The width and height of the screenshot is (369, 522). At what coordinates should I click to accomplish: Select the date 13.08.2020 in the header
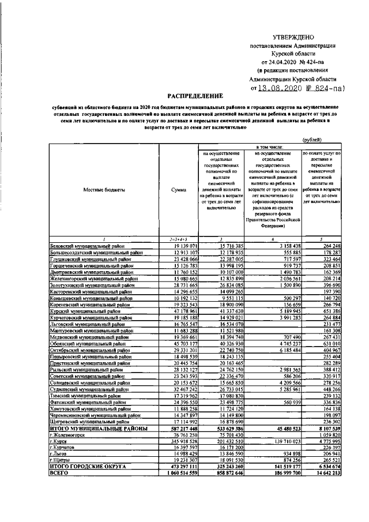[x=281, y=89]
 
